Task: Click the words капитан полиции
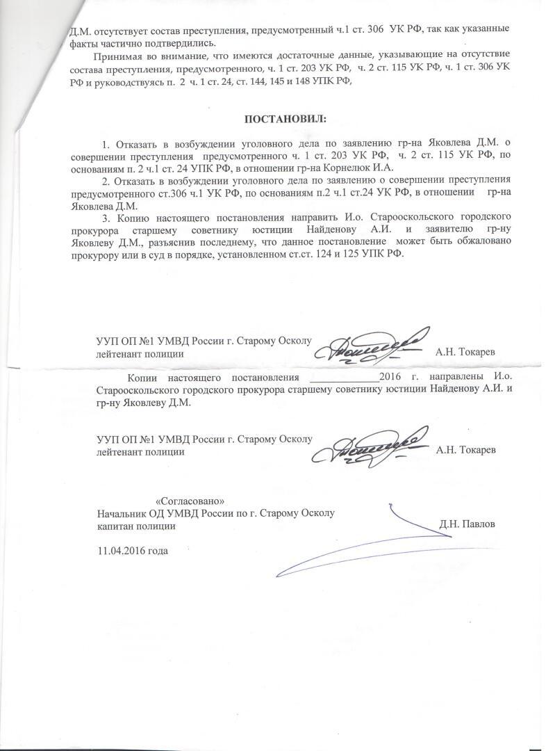click(x=136, y=526)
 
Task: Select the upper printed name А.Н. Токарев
click(x=465, y=353)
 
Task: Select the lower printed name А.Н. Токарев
click(x=465, y=451)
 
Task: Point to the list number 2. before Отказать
click(x=106, y=181)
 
